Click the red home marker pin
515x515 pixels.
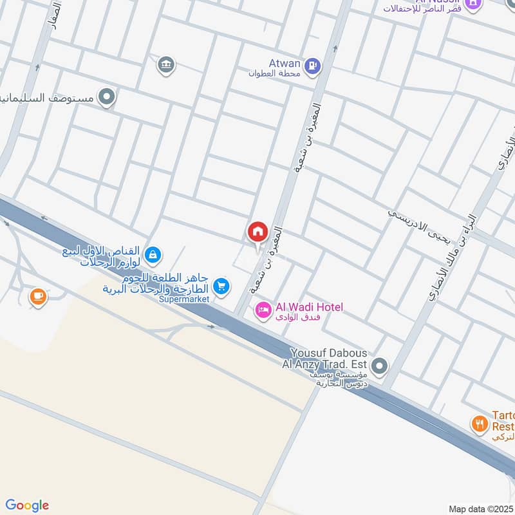[257, 231]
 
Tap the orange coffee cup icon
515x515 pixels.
[38, 296]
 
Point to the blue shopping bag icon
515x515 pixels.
[152, 255]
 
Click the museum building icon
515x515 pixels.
[166, 64]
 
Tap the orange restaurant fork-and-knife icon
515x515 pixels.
[479, 424]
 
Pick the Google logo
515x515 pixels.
[27, 505]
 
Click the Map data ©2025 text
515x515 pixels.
[480, 509]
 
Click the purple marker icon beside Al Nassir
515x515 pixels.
[473, 3]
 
